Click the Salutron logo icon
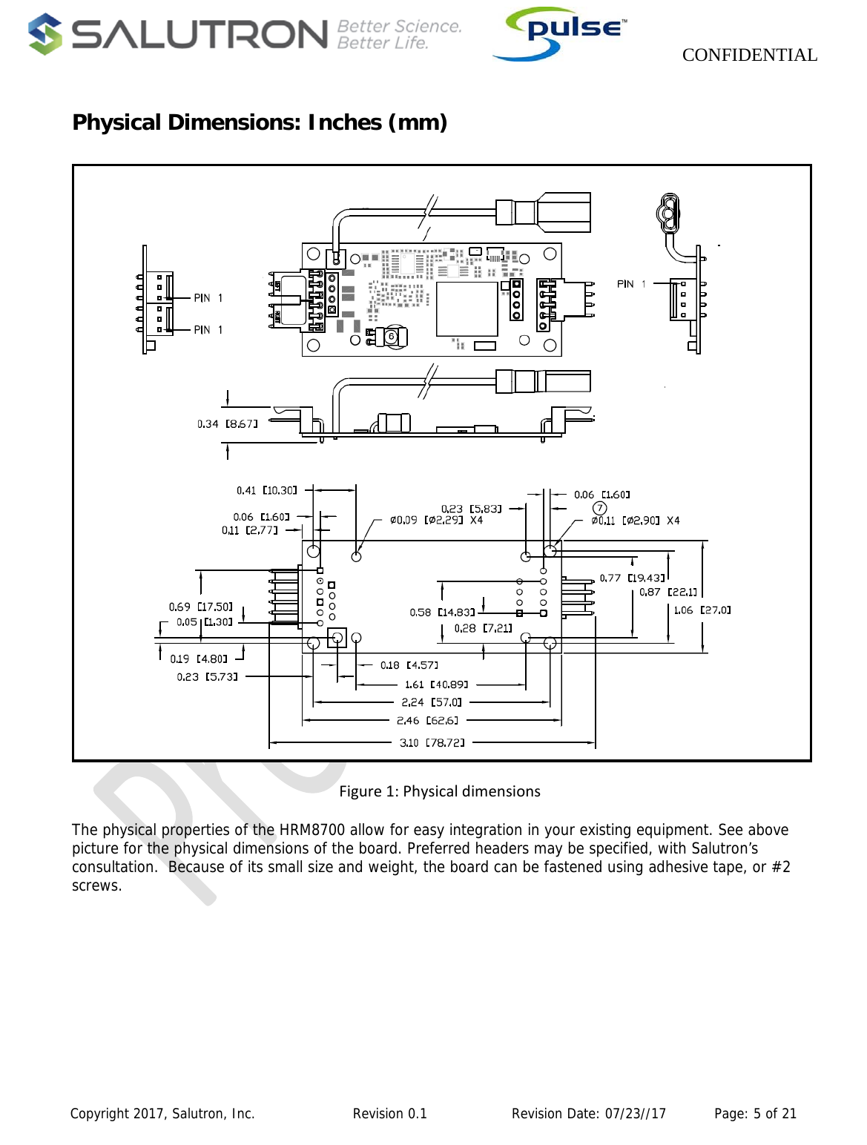45,34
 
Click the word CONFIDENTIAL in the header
749,55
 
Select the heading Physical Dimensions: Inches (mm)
260,122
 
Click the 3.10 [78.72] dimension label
432,742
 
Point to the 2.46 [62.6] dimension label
427,720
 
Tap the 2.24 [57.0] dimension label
431,702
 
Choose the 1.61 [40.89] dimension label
436,684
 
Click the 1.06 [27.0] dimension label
702,610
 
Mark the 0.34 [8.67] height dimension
227,424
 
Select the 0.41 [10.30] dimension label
266,490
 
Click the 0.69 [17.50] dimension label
200,607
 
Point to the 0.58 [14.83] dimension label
442,613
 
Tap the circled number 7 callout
599,508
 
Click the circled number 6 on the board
391,337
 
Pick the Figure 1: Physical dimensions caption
440,791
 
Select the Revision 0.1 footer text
389,1113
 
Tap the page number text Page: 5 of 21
755,1113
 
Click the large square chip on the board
467,309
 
